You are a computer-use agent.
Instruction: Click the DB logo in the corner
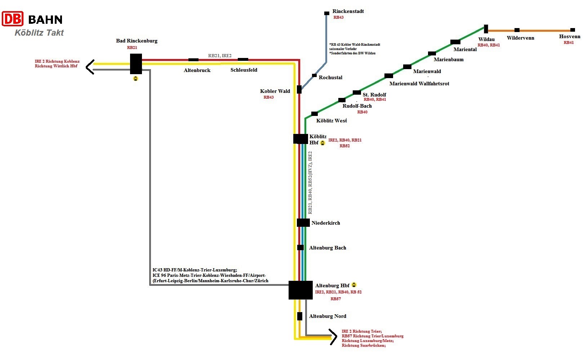click(x=13, y=18)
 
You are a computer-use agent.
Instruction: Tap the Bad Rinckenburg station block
click(x=136, y=64)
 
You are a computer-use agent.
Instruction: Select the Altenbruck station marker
click(x=193, y=60)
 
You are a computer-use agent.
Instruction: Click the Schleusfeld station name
click(x=244, y=70)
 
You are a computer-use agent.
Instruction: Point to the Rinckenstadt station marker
click(x=327, y=13)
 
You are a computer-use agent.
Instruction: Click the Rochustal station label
click(x=330, y=77)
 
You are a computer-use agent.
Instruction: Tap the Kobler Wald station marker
click(x=299, y=89)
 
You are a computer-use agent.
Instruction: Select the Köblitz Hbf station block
click(x=300, y=139)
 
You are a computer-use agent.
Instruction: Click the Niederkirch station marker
click(x=303, y=222)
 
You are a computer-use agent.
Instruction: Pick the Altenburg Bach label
click(x=328, y=248)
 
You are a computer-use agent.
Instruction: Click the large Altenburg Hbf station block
click(x=300, y=290)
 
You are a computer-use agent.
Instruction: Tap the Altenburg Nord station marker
click(x=300, y=316)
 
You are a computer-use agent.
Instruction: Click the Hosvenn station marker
click(x=573, y=30)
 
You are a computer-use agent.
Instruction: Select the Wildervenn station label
click(x=520, y=38)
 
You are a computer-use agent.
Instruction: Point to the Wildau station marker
click(x=486, y=29)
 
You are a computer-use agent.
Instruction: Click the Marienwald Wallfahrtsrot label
click(x=419, y=84)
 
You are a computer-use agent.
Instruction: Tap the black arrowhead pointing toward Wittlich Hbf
click(x=90, y=67)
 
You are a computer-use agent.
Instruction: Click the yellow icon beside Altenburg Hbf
click(x=354, y=285)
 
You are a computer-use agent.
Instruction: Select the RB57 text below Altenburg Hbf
click(x=336, y=299)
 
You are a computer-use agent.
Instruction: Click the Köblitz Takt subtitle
click(x=39, y=33)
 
